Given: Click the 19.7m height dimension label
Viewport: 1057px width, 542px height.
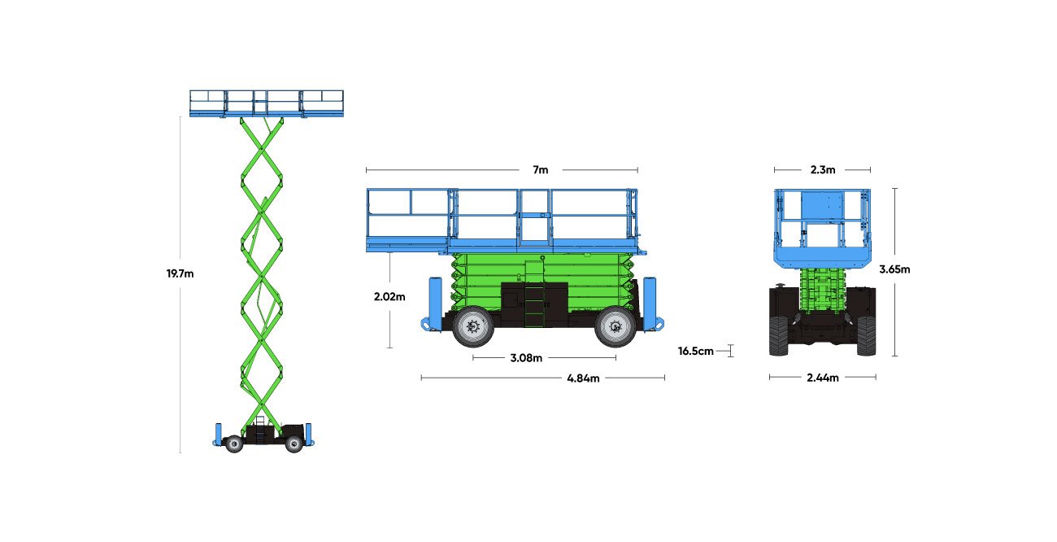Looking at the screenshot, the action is point(180,273).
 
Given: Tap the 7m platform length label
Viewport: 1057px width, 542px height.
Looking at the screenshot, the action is point(541,170).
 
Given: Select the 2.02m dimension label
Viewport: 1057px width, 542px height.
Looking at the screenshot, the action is point(389,296).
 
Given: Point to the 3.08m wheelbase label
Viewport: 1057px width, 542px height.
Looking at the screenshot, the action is point(526,358).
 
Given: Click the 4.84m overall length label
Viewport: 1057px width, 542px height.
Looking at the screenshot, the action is point(583,378).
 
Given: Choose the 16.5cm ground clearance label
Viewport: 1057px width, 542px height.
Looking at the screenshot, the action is point(695,352).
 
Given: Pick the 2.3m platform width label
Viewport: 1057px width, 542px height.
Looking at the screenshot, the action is point(823,170).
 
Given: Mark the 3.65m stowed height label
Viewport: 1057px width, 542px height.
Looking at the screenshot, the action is point(894,269).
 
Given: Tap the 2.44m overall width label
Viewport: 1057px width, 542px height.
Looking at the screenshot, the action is point(823,378).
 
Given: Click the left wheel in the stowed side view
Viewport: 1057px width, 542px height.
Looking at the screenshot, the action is point(473,326).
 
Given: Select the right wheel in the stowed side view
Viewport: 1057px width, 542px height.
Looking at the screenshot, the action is point(615,326).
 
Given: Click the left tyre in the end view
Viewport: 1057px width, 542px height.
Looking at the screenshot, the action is point(779,335).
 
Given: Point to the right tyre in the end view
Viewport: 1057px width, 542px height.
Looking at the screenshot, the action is point(867,335).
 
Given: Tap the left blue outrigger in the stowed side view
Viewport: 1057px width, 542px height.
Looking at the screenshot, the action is point(432,304).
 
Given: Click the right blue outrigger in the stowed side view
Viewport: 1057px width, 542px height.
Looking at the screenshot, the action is point(653,304).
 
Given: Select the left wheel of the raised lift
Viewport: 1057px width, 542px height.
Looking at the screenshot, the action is point(234,444).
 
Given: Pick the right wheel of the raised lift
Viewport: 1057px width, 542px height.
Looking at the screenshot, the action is point(294,444).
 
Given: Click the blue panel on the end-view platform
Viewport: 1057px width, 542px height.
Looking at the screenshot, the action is point(822,205).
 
